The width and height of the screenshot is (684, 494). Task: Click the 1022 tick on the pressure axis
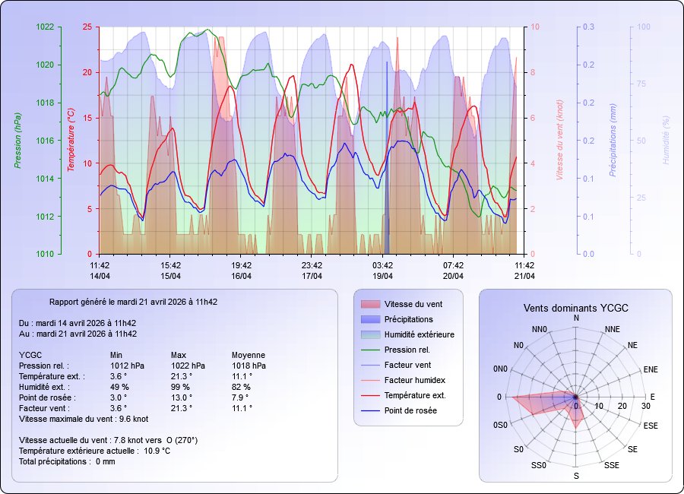(46, 27)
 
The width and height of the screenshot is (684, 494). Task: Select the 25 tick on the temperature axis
(87, 27)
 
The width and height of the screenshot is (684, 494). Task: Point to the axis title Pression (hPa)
(17, 141)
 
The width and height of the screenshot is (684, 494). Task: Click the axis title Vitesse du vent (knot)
(559, 141)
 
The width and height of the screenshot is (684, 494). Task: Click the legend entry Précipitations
(408, 319)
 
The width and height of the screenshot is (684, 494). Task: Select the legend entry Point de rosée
(410, 410)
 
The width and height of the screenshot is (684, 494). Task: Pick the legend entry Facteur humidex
(414, 380)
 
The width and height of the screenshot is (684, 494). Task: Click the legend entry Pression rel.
(407, 350)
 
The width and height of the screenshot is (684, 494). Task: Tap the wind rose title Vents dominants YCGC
(575, 308)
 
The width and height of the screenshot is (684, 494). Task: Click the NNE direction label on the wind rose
(613, 329)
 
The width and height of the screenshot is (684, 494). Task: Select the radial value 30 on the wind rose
(646, 406)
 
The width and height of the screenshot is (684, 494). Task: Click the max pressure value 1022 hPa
(188, 366)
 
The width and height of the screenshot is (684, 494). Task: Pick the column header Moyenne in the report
(248, 355)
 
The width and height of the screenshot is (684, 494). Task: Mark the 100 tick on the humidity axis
(643, 27)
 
